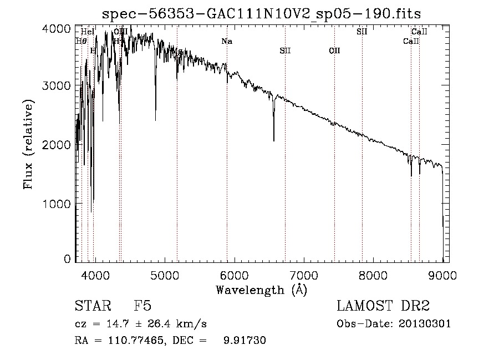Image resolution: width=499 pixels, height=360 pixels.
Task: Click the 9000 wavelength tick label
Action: [x=442, y=275]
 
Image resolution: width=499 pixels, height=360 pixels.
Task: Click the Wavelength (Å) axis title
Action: [x=261, y=290]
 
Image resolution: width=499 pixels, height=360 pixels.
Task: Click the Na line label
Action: [x=226, y=42]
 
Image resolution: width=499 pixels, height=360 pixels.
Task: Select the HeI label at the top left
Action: [x=87, y=32]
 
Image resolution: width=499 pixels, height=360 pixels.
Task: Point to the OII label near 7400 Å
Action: [x=334, y=51]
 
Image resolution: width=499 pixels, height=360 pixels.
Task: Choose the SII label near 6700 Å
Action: [x=285, y=51]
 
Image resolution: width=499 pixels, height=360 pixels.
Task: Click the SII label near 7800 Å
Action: [x=361, y=32]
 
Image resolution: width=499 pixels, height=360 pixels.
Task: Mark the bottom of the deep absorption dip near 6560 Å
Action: [x=273, y=141]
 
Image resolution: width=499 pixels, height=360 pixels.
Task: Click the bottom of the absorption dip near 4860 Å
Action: [x=155, y=120]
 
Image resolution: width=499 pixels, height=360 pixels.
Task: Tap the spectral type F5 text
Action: [x=142, y=306]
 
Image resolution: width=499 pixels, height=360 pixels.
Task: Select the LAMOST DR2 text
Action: [x=383, y=306]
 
